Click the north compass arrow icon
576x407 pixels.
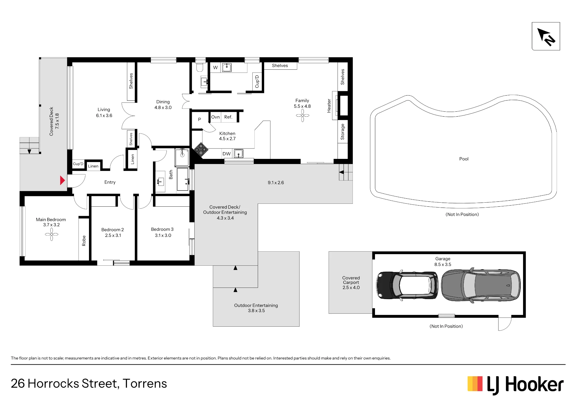[546, 37]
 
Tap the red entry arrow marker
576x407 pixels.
[62, 180]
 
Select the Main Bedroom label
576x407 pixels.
[51, 220]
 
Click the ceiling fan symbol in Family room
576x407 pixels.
[302, 115]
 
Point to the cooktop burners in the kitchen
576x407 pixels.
[201, 149]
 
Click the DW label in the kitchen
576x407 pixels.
[227, 154]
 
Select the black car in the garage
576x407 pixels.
[407, 285]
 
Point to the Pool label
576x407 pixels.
[464, 159]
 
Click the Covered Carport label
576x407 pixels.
[351, 280]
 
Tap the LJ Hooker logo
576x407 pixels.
[516, 385]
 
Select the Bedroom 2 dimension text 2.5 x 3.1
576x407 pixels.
[113, 235]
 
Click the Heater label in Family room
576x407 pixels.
[329, 106]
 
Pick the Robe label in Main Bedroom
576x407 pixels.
[84, 241]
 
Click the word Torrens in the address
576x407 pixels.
[145, 383]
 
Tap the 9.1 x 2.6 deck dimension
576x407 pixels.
[276, 182]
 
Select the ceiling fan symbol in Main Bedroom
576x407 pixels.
[52, 234]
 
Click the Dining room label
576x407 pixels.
[163, 102]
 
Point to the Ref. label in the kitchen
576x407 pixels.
[228, 117]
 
